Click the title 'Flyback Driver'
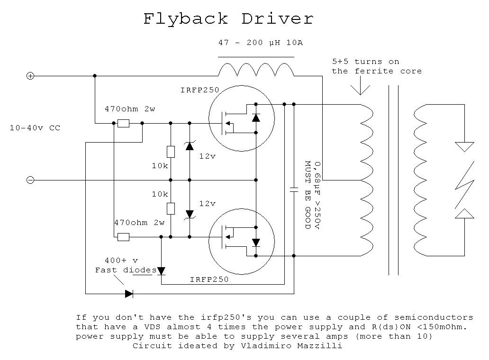coord(228,19)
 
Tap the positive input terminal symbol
coord(30,76)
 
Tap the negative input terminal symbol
coord(30,180)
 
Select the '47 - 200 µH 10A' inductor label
coord(260,43)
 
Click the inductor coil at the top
coord(256,70)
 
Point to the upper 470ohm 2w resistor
coord(123,123)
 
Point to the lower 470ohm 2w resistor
coord(123,237)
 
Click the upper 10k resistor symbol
coord(171,152)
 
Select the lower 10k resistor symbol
coord(171,208)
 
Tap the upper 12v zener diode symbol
coord(190,146)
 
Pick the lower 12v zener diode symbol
coord(190,214)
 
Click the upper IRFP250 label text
coord(199,90)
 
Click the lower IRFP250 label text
coord(209,279)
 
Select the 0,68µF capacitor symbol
coord(294,189)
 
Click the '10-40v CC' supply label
coord(35,128)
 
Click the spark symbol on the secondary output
coord(464,180)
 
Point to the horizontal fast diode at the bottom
coord(129,294)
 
